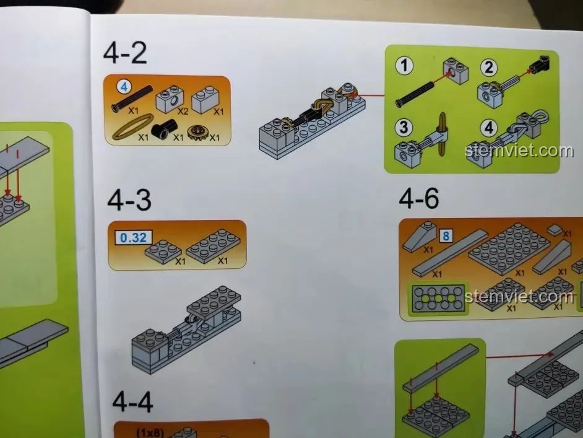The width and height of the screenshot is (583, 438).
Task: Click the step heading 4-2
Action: coord(125,53)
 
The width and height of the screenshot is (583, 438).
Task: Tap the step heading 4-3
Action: coord(129,200)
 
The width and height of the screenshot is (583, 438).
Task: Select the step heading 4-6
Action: coord(419,198)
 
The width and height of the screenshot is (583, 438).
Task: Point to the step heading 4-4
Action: coord(132,402)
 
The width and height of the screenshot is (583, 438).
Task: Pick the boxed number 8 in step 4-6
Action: coord(446,235)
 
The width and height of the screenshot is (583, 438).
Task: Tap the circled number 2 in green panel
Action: coord(489,68)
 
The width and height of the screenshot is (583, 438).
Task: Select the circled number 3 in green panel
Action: coord(404,128)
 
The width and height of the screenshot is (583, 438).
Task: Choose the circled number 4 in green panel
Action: coord(489,128)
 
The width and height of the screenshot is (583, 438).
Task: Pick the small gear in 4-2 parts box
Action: coord(198,132)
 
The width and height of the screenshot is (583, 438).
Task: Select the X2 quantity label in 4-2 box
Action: coord(183,112)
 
